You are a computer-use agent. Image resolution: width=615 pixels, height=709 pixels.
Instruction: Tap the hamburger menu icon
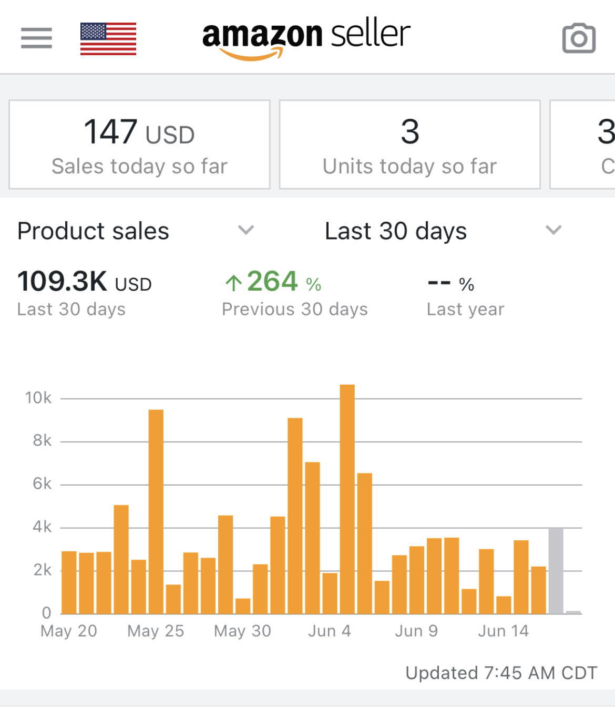(36, 38)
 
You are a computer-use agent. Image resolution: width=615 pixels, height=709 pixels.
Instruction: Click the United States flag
(108, 38)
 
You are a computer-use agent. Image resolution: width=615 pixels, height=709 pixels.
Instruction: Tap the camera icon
(579, 38)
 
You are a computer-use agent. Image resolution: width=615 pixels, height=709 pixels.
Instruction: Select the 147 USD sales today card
(139, 145)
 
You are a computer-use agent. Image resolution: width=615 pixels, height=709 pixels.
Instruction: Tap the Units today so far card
(409, 145)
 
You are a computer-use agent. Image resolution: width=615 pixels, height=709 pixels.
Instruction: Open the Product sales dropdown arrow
(245, 230)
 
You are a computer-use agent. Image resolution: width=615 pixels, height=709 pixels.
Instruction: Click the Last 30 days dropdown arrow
(553, 230)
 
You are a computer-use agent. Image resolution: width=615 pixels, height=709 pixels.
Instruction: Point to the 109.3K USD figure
(84, 282)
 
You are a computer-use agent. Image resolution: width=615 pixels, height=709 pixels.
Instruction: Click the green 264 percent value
(273, 282)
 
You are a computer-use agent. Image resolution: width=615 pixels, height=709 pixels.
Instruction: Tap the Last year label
(465, 310)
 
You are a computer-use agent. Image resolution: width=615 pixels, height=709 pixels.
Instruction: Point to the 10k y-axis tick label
(38, 398)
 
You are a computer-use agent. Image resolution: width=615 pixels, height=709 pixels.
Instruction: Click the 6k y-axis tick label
(42, 484)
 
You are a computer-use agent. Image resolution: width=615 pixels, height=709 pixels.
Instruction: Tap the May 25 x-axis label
(156, 631)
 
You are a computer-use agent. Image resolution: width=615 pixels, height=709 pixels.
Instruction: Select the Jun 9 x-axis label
(416, 631)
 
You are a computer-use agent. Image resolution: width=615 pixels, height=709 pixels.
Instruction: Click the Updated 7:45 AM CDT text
(501, 673)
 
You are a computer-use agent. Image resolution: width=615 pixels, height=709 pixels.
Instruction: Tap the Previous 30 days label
(294, 310)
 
